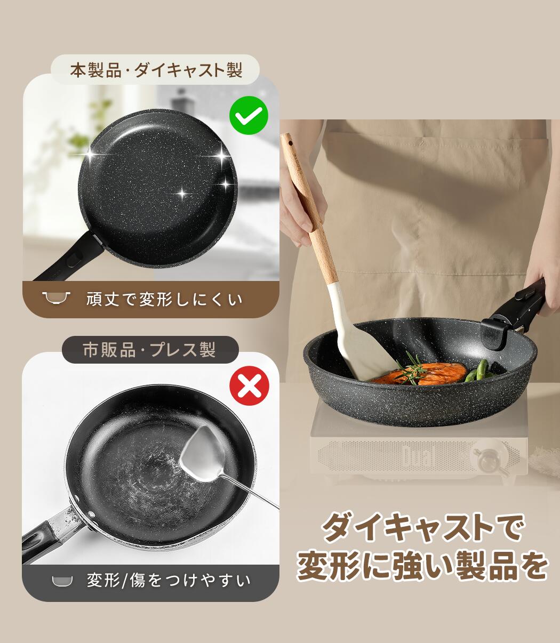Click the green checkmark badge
point(249,115)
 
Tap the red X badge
point(249,386)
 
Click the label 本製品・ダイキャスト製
point(156,70)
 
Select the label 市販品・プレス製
point(149,350)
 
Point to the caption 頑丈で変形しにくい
point(164,299)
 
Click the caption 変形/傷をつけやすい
point(169,580)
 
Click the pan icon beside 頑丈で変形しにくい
point(57,298)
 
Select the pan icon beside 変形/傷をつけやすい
point(62,580)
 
